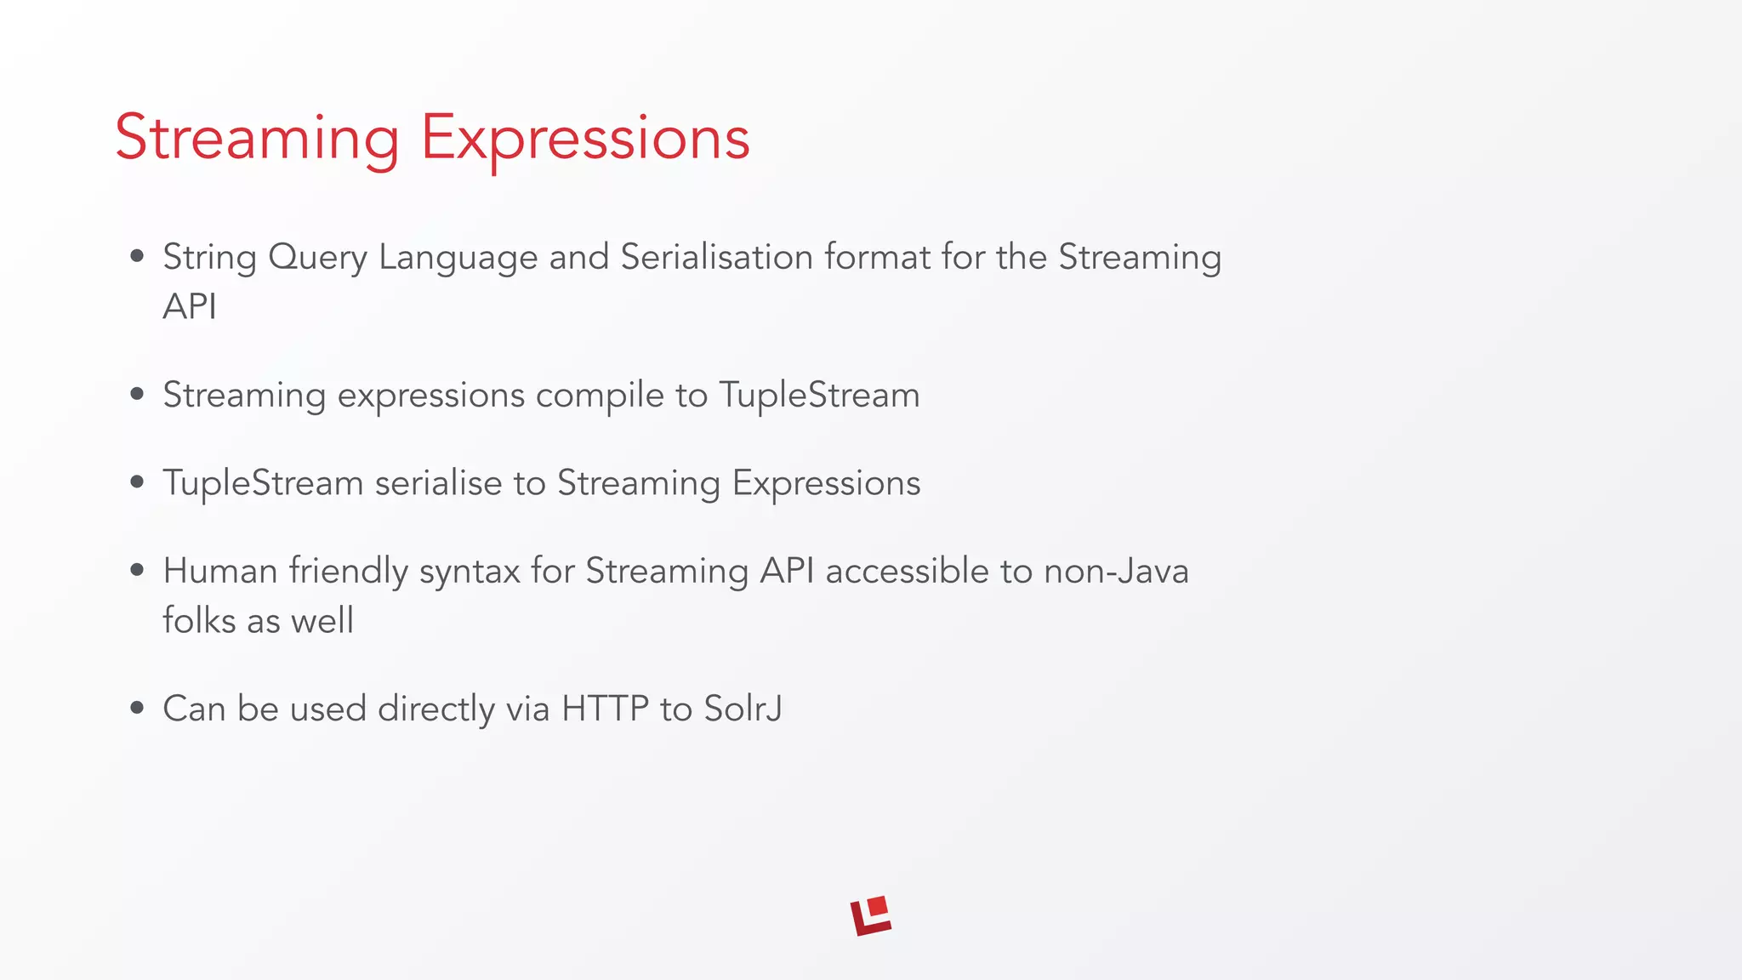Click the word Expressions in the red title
(x=585, y=138)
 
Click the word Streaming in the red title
(x=257, y=138)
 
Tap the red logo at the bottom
(x=870, y=916)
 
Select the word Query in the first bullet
(x=317, y=258)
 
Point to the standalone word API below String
(x=189, y=307)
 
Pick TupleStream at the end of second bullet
(x=819, y=396)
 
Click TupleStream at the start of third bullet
(x=263, y=484)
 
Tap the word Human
(x=220, y=571)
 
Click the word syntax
(x=469, y=572)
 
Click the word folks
(x=199, y=620)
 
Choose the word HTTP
(x=605, y=709)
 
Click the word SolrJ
(x=743, y=709)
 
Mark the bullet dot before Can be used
(x=137, y=708)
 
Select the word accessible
(x=907, y=571)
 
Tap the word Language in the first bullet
(x=458, y=258)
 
